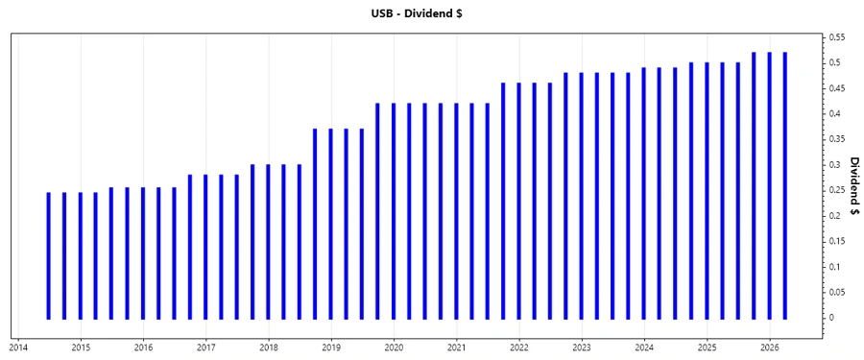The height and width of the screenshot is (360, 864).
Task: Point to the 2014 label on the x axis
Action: tap(18, 348)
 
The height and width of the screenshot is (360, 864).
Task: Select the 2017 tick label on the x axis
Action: tap(206, 348)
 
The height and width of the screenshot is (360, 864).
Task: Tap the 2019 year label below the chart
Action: tap(331, 348)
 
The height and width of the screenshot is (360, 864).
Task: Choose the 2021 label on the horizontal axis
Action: tap(457, 348)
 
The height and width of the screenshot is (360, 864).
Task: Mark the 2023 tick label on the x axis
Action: tap(582, 348)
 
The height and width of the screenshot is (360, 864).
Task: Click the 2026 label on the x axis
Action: tap(770, 348)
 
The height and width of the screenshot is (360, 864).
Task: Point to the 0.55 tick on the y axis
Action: tap(836, 37)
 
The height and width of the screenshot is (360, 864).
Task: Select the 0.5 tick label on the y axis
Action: tap(834, 62)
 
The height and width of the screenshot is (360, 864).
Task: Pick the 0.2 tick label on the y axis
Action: tap(834, 216)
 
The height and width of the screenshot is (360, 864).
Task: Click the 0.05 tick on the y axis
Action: tap(836, 292)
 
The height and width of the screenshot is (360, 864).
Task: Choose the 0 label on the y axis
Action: tap(831, 318)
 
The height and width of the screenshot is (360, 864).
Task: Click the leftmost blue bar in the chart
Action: tap(48, 255)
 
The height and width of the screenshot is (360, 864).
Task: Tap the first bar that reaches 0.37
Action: tap(315, 224)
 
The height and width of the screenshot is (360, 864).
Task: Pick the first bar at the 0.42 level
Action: tap(377, 210)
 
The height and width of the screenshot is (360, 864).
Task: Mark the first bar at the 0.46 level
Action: tap(503, 201)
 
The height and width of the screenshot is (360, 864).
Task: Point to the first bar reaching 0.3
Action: tap(252, 241)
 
